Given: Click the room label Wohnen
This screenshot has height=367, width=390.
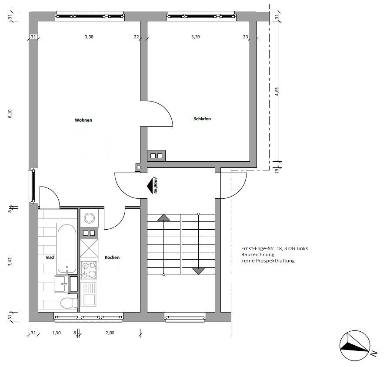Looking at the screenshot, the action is [83, 120].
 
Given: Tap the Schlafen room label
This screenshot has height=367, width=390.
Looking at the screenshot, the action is [202, 119].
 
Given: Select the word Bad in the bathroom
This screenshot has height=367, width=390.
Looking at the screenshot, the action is [50, 257].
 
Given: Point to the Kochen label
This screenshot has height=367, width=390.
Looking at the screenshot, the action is [112, 257].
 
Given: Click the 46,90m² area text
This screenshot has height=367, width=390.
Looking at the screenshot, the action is [156, 186].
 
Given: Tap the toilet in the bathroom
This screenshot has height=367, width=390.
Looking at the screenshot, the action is [67, 303].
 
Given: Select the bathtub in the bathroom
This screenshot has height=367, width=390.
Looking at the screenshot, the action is [67, 249].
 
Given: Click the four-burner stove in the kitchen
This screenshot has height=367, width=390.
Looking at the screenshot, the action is [89, 270].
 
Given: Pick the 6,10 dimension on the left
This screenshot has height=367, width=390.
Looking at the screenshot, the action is [10, 114].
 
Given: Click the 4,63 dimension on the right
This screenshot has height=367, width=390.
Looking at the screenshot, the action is [277, 92].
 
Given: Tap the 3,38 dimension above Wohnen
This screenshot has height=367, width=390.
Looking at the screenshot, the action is [89, 37].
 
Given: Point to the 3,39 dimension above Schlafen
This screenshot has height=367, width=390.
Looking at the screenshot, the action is [196, 37].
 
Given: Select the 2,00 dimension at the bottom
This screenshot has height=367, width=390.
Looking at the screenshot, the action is [110, 333].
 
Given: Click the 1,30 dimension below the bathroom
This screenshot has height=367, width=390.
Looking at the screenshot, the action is [57, 333].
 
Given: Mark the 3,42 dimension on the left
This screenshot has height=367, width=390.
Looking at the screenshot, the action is [10, 262].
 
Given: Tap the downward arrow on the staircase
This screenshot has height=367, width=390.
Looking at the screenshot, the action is [199, 272].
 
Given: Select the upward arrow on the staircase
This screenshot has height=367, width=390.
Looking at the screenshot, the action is [163, 217].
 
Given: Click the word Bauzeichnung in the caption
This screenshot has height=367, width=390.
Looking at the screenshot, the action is [258, 255].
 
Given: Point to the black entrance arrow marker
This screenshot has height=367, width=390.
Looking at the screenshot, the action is [150, 186].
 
